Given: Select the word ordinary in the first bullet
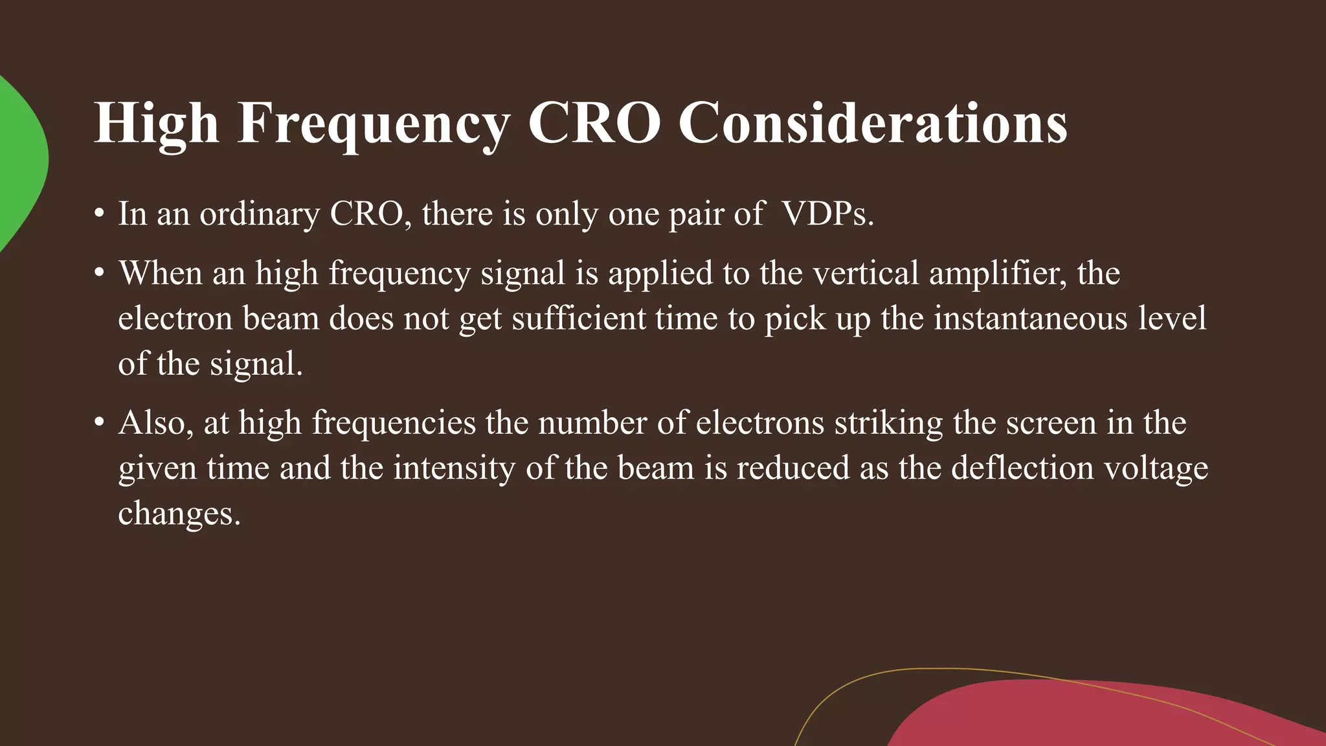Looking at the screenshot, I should [259, 214].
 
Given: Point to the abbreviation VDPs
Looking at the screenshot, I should [827, 214].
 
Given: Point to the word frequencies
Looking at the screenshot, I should [394, 424].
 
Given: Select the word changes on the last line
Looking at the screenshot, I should [179, 514].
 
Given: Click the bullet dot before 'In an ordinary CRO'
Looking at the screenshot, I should [99, 214].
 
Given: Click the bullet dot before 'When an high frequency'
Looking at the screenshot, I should [99, 273].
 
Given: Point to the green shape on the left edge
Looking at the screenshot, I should [19, 162].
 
